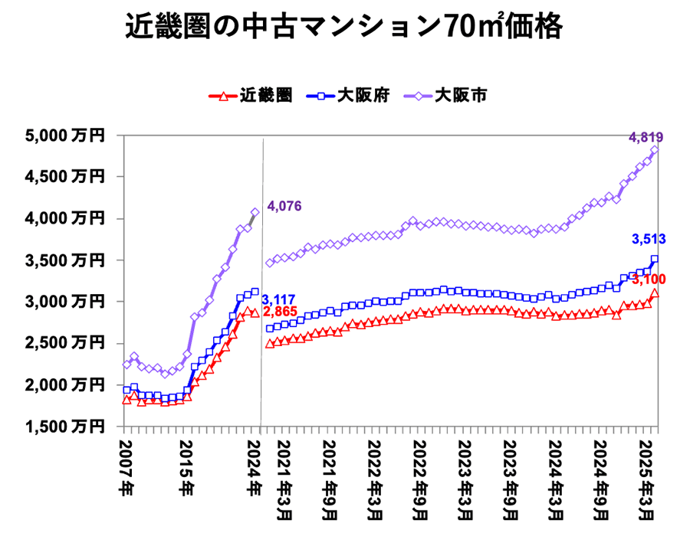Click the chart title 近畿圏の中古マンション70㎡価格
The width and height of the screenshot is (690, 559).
(x=344, y=29)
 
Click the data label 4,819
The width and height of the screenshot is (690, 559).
(x=646, y=138)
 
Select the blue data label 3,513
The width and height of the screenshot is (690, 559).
(x=648, y=240)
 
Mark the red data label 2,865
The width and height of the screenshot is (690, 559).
(x=279, y=312)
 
